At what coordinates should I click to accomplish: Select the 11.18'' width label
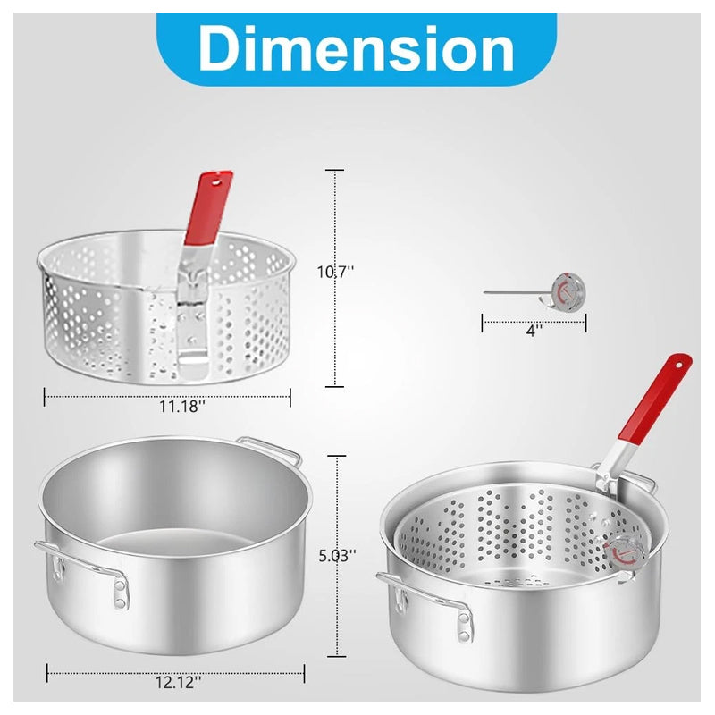(182, 408)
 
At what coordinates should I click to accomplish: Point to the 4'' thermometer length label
(534, 329)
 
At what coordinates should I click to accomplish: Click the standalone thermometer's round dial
(567, 291)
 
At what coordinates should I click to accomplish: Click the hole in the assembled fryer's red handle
(682, 364)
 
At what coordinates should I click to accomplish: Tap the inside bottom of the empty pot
(170, 543)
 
